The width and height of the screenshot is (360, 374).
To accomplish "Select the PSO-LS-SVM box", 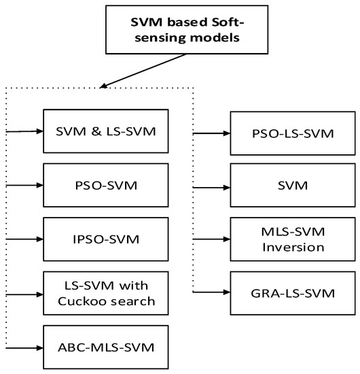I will pyautogui.click(x=293, y=133).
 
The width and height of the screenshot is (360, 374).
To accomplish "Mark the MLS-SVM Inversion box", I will pyautogui.click(x=293, y=238).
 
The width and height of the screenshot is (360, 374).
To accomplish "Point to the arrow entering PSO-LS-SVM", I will pyautogui.click(x=211, y=133).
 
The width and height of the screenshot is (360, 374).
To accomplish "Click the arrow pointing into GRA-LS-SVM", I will pyautogui.click(x=211, y=292).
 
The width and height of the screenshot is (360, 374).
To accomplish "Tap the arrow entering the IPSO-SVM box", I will pyautogui.click(x=24, y=238).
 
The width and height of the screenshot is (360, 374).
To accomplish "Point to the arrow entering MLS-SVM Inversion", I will pyautogui.click(x=211, y=238).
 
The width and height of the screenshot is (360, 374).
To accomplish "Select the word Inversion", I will pyautogui.click(x=293, y=247).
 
